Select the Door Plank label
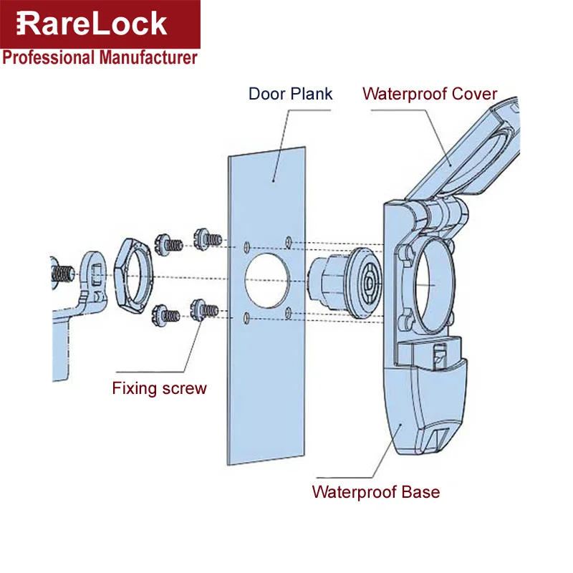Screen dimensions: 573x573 click(290, 94)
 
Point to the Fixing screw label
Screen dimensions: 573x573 click(159, 389)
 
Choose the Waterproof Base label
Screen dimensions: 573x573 click(375, 492)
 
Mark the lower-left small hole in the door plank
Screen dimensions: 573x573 click(246, 317)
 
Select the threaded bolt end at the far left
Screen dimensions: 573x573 click(63, 273)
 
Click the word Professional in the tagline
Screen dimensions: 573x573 click(43, 57)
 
